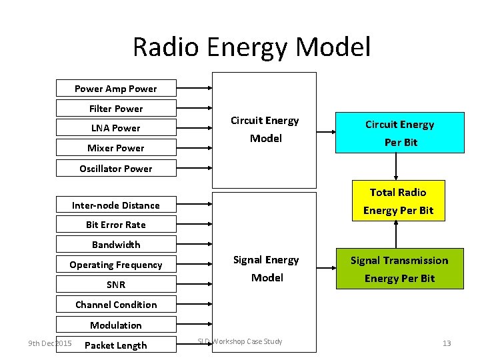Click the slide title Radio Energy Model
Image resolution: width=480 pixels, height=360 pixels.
click(x=251, y=47)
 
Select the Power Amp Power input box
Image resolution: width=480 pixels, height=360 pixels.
click(x=116, y=89)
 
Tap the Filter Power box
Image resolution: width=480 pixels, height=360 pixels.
click(x=116, y=108)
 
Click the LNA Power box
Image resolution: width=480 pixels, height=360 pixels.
click(x=116, y=128)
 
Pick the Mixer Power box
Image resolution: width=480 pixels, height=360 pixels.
click(x=116, y=148)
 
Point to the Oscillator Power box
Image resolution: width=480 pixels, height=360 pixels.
click(x=116, y=169)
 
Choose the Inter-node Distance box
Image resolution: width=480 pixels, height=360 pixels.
click(x=116, y=205)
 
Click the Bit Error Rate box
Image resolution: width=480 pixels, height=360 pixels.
click(x=116, y=225)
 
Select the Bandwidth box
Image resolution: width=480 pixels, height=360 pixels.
click(x=116, y=245)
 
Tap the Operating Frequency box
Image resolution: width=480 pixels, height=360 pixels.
click(x=116, y=265)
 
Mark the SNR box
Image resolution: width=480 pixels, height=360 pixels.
click(x=116, y=285)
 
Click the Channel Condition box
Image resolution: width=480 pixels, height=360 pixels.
click(x=116, y=305)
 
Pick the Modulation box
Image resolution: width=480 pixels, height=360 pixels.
click(x=116, y=325)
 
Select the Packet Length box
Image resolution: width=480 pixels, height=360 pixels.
click(x=116, y=345)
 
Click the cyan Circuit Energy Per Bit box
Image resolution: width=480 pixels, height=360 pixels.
click(x=399, y=133)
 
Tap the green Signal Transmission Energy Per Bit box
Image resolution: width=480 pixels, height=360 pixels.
click(x=399, y=269)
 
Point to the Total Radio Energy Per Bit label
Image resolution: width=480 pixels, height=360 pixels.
click(x=398, y=201)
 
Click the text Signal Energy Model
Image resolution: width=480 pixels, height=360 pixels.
click(x=266, y=269)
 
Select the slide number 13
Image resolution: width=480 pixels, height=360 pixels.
click(x=446, y=343)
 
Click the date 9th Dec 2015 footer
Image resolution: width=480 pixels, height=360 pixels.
click(x=49, y=343)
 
